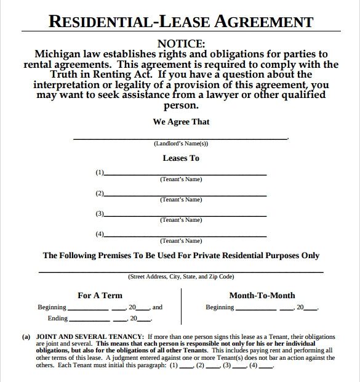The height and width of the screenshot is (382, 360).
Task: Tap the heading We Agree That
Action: point(181,122)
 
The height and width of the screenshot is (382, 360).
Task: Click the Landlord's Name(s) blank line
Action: point(180,138)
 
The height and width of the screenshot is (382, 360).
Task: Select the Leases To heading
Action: point(181,158)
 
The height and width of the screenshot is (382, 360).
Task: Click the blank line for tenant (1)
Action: point(185,175)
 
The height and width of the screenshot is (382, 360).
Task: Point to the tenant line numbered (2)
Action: point(185,195)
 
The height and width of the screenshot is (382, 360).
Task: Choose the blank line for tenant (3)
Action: point(185,216)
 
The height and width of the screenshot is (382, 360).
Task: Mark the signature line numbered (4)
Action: point(185,236)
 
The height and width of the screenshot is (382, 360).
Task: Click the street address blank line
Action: point(181,271)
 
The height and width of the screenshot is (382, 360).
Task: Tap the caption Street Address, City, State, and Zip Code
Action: point(181,277)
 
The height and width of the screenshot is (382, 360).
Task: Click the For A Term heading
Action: point(100,296)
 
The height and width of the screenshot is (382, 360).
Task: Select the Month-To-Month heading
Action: point(262,296)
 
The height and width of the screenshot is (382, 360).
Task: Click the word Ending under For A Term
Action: point(57,319)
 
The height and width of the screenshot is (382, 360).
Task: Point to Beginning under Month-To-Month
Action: point(220,307)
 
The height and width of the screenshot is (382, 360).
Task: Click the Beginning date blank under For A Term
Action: point(92,308)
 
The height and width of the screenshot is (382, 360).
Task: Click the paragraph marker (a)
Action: point(26,337)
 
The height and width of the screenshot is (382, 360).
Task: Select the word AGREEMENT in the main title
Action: point(265,23)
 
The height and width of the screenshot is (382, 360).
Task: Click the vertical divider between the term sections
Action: point(181,306)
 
